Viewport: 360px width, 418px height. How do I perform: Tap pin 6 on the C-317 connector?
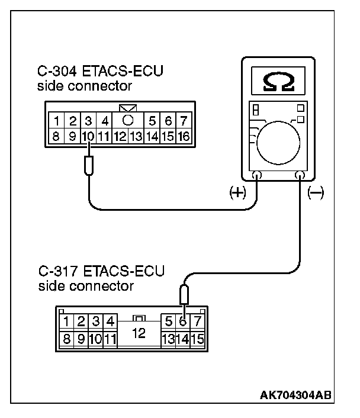click(x=184, y=323)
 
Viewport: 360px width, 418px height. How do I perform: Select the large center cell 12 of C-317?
click(x=139, y=333)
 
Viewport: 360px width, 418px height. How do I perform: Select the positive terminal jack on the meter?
click(x=257, y=175)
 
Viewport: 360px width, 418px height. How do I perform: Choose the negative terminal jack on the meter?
click(x=299, y=175)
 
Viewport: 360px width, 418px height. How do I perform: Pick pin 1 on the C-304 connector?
click(x=56, y=122)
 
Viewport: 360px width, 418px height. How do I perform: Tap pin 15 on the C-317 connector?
click(x=198, y=340)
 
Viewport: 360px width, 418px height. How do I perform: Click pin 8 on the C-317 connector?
click(x=66, y=340)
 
